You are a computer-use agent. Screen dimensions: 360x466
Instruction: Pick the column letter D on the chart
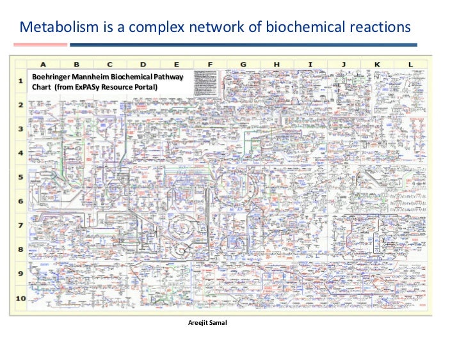[x=143, y=64]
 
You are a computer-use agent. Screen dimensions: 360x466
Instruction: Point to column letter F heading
[x=209, y=64]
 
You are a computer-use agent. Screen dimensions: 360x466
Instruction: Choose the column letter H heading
[x=277, y=64]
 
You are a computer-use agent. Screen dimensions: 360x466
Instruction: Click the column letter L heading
[x=410, y=64]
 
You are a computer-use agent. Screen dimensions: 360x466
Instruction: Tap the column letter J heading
[x=343, y=64]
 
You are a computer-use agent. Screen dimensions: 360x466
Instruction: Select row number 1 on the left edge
[x=20, y=81]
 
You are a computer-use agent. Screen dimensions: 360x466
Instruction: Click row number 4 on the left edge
[x=20, y=153]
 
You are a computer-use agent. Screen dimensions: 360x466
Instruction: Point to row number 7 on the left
[x=20, y=225]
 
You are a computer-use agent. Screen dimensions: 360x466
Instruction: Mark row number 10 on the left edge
[x=21, y=298]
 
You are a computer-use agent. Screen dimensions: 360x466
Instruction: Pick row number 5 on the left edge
[x=20, y=177]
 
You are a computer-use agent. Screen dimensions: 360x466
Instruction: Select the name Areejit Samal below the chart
[x=207, y=322]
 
